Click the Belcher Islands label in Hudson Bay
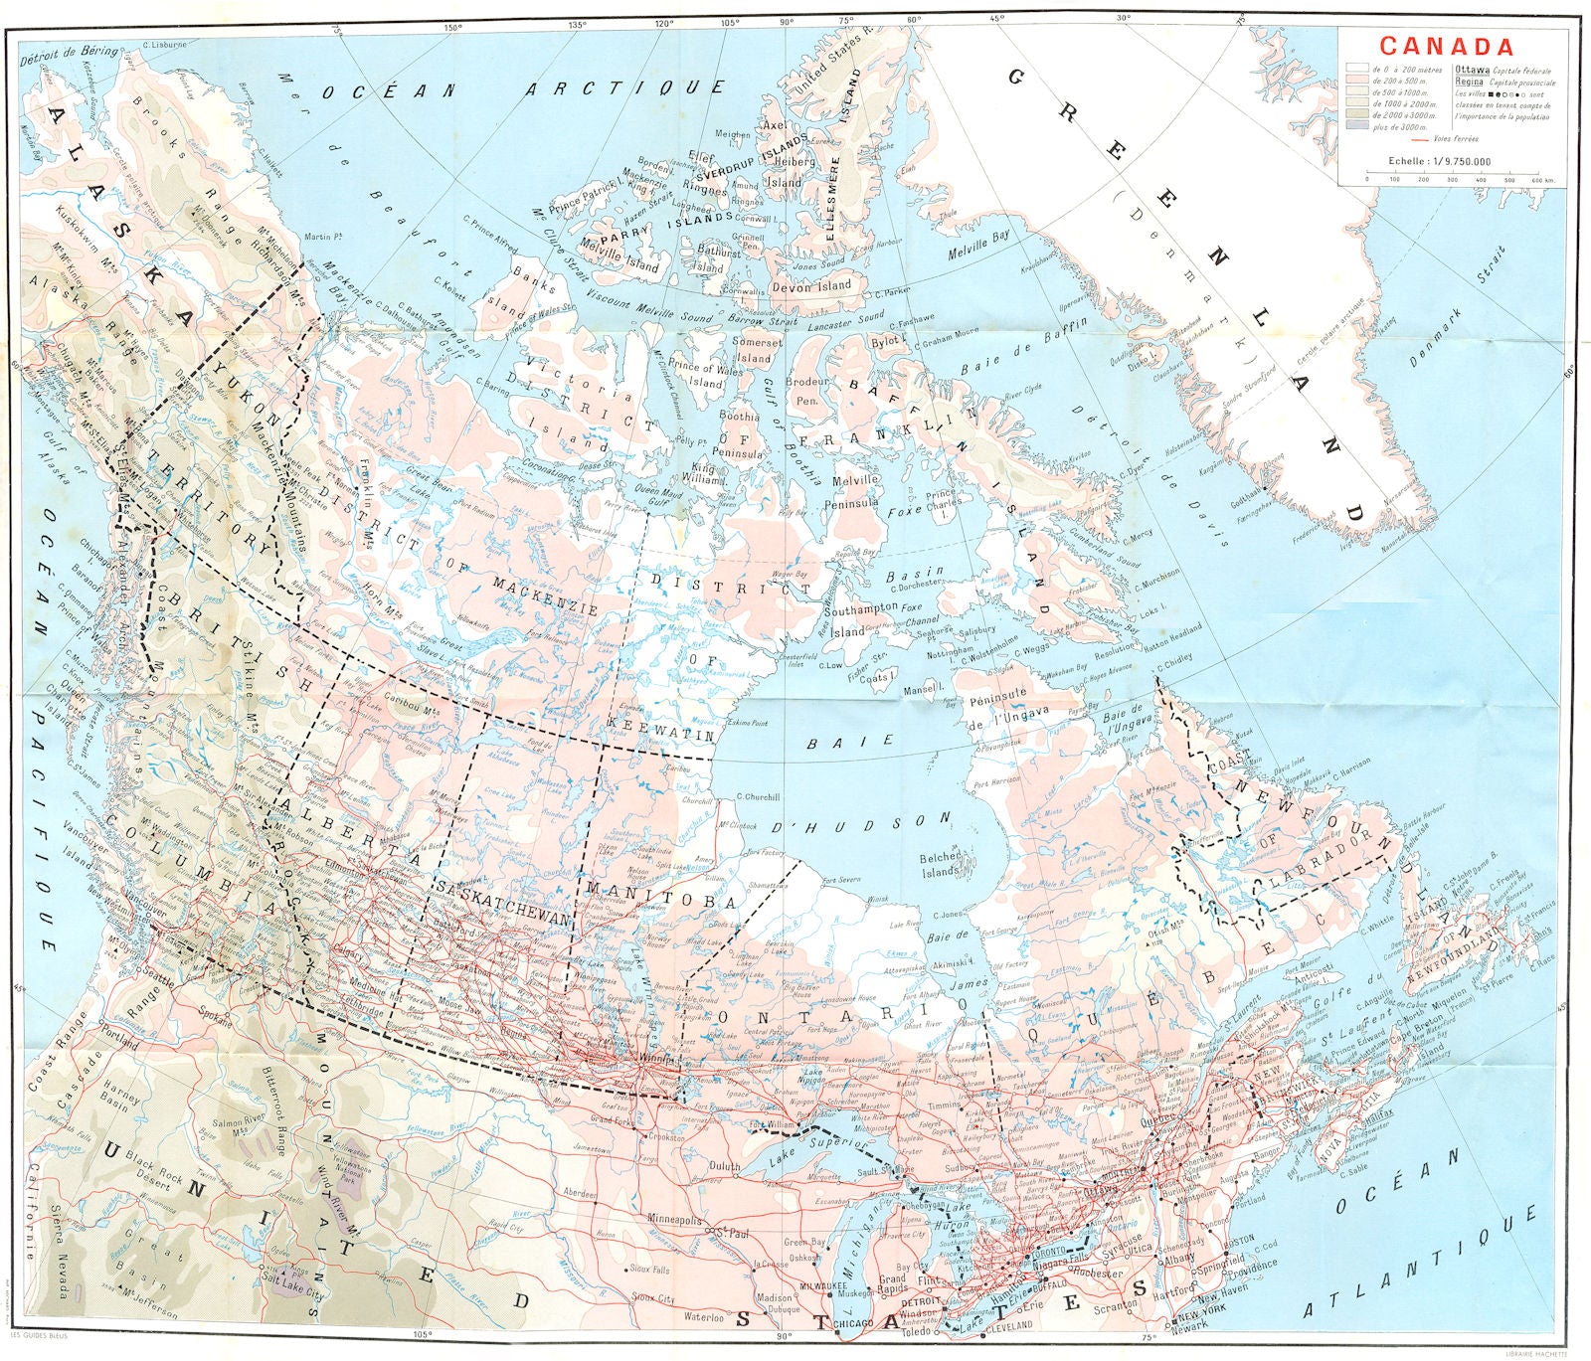[940, 863]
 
